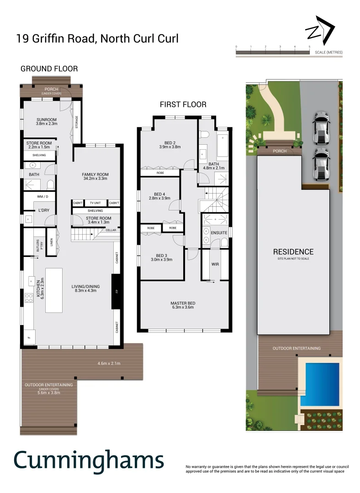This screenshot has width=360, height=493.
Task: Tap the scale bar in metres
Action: point(273,52)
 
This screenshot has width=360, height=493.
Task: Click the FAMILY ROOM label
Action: point(95,175)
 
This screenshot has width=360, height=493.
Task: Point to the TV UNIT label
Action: point(95,203)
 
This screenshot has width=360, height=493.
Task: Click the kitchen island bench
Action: point(53,290)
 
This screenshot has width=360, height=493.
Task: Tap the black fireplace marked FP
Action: point(116,291)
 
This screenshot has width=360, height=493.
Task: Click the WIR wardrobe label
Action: point(216,264)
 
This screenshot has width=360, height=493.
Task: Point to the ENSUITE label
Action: point(219,233)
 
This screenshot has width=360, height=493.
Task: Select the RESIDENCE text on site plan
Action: point(293,252)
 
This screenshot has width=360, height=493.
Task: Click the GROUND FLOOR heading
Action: point(49,69)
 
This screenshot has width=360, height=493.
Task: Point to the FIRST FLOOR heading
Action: point(183,105)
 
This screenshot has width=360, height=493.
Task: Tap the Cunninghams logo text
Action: point(89,460)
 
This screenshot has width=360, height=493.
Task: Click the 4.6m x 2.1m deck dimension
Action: point(109,363)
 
